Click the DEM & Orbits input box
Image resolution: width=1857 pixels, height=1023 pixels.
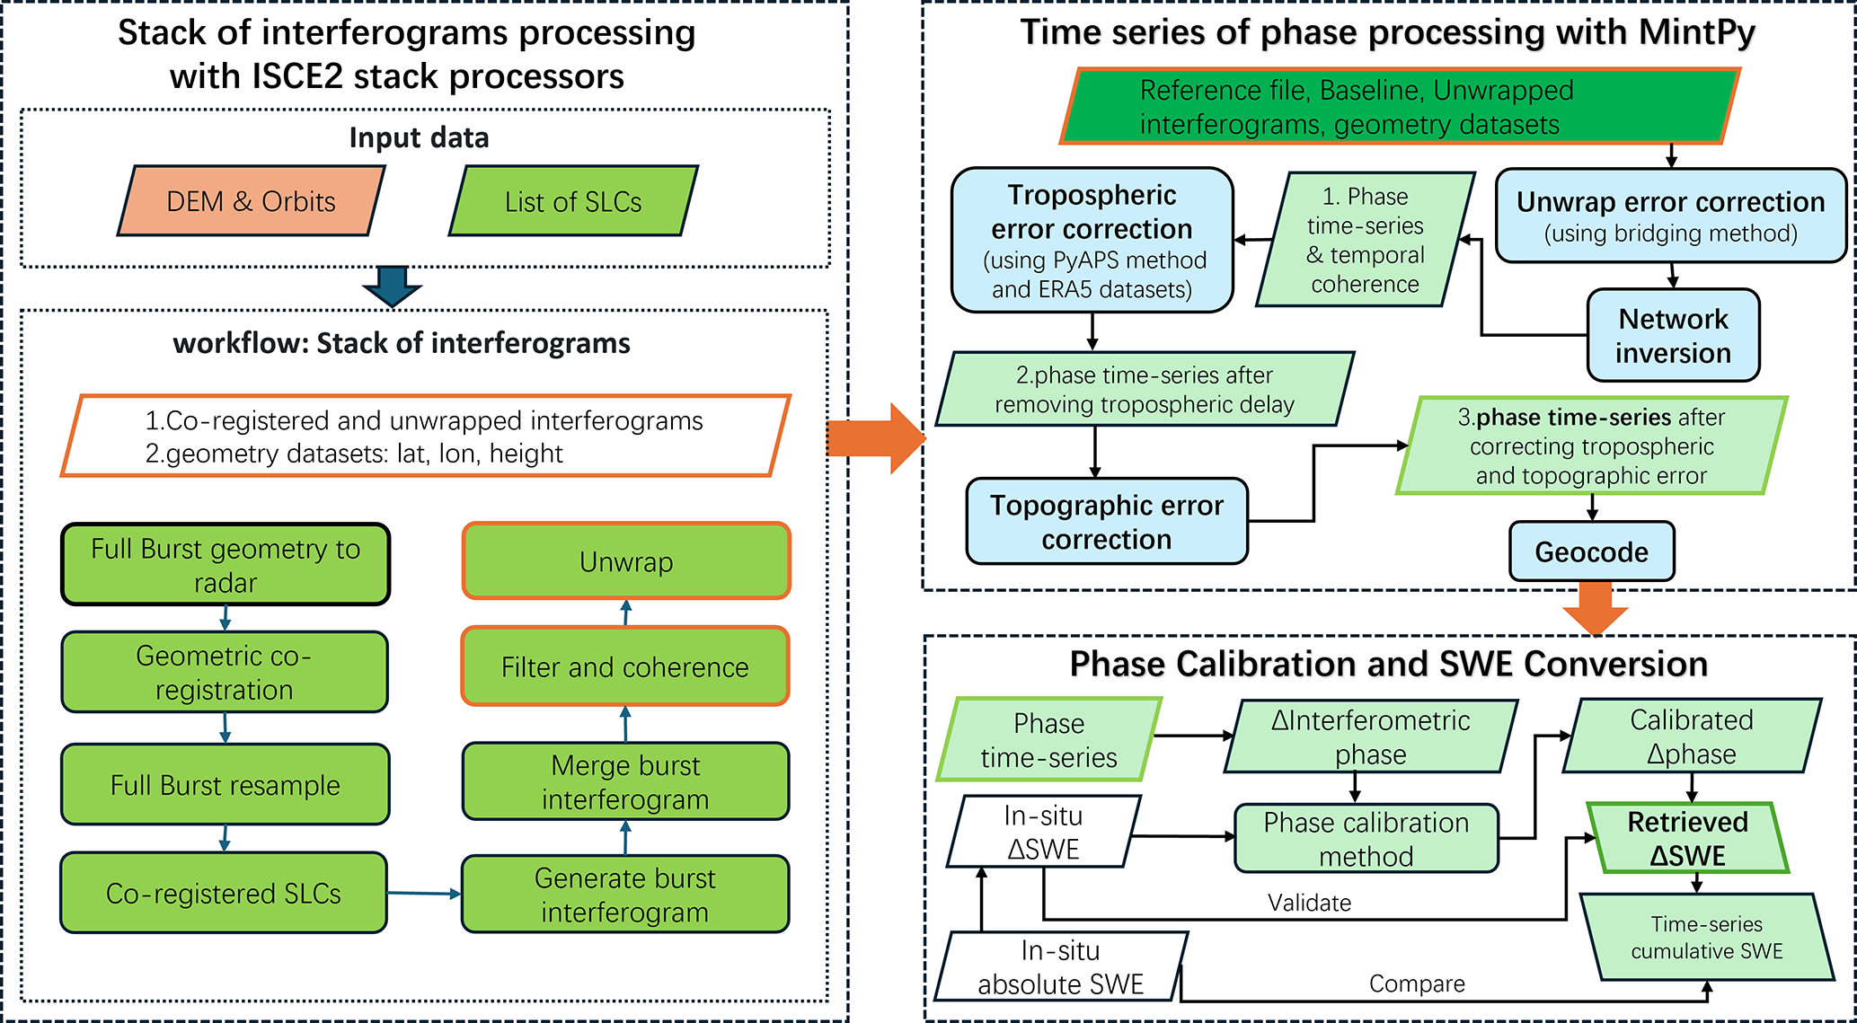point(251,201)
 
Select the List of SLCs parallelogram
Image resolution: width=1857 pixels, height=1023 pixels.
point(573,201)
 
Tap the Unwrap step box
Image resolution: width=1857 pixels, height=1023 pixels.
point(626,561)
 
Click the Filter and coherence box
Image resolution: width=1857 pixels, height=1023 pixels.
point(625,666)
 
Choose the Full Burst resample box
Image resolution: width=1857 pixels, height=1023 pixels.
point(225,784)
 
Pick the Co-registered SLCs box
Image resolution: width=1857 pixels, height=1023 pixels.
point(224,893)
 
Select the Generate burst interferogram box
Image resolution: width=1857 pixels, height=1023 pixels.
point(625,894)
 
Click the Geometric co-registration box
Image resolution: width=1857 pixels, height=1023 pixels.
point(225,672)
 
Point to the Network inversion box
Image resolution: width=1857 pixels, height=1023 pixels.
point(1673,335)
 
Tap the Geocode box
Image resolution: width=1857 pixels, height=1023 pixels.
point(1592,551)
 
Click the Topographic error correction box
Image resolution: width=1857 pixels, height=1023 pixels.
point(1107,521)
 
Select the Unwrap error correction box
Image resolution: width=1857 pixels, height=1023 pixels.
point(1671,216)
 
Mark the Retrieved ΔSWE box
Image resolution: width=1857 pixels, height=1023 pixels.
point(1688,838)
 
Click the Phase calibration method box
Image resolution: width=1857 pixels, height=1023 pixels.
point(1366,838)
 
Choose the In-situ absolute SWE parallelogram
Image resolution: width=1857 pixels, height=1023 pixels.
point(1061,966)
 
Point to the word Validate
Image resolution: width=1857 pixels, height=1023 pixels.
point(1309,903)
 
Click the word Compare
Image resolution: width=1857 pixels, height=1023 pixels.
point(1417,983)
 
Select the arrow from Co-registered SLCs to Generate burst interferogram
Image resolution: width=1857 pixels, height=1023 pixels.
point(424,893)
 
